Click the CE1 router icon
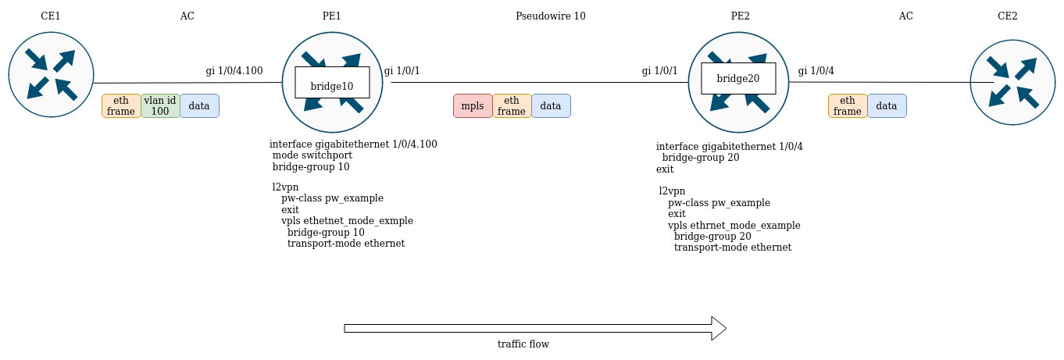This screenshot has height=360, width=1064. (51, 75)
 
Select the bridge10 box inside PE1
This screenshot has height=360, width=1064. (332, 83)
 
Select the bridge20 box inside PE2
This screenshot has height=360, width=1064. (738, 78)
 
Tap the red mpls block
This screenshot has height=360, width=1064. (473, 105)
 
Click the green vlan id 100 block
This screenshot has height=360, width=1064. (160, 105)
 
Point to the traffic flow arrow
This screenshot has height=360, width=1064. (535, 328)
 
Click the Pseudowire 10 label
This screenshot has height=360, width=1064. (550, 16)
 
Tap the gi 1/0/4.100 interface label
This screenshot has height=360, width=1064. (234, 71)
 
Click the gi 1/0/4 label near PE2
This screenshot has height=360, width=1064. (816, 71)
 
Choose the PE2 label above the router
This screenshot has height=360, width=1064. (737, 16)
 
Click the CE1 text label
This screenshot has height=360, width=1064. (51, 16)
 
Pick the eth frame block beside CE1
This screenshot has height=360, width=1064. (121, 105)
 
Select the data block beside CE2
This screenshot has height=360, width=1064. (887, 105)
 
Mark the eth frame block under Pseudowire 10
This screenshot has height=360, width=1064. (512, 105)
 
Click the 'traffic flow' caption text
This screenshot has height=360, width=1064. (523, 344)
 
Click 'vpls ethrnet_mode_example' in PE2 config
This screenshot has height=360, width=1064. (734, 225)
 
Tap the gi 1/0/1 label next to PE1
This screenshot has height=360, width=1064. (402, 71)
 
